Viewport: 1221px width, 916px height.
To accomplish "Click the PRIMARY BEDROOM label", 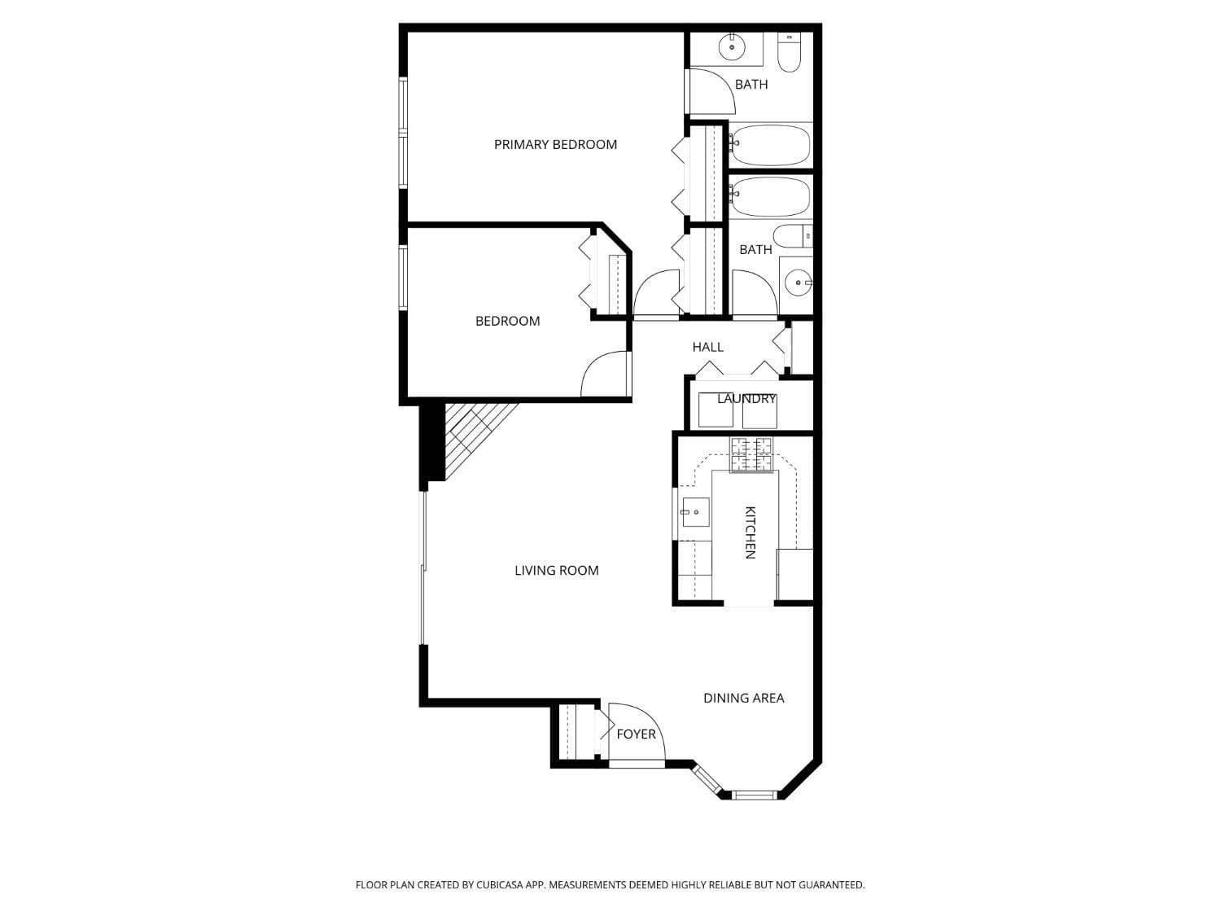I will pyautogui.click(x=555, y=145).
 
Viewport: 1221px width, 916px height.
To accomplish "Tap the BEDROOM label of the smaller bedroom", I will pyautogui.click(x=507, y=321).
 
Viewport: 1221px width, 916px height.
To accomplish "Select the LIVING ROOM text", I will pyautogui.click(x=556, y=571).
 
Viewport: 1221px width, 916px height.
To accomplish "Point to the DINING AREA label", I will pyautogui.click(x=743, y=698).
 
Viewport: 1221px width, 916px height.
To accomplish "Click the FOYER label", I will pyautogui.click(x=636, y=734).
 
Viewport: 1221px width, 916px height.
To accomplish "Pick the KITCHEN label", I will pyautogui.click(x=750, y=533).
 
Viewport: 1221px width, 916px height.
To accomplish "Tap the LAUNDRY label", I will pyautogui.click(x=746, y=399).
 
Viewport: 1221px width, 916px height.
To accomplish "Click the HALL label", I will pyautogui.click(x=707, y=347).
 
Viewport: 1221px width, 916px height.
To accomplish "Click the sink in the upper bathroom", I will pyautogui.click(x=733, y=47).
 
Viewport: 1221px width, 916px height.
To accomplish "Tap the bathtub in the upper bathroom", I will pyautogui.click(x=770, y=145).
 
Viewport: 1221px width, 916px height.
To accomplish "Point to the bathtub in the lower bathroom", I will pyautogui.click(x=770, y=197).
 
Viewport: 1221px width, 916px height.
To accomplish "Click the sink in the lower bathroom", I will pyautogui.click(x=799, y=283).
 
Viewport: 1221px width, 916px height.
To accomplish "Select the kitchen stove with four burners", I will pyautogui.click(x=751, y=454).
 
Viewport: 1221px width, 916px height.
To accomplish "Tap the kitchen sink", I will pyautogui.click(x=695, y=512).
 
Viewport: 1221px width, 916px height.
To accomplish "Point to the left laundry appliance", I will pyautogui.click(x=716, y=414).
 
